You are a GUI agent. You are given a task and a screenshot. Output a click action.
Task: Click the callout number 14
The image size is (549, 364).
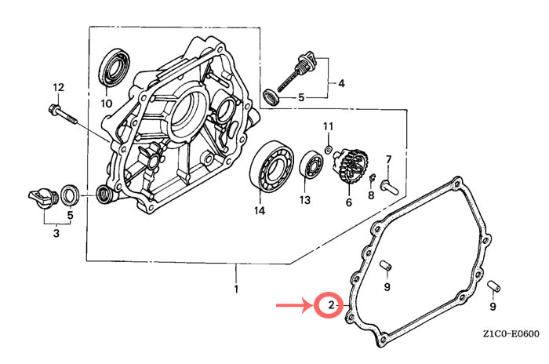[x=259, y=210]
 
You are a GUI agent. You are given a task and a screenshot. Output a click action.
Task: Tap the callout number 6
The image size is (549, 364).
[x=349, y=202]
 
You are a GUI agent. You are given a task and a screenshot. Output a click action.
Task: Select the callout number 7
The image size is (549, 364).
[x=387, y=160]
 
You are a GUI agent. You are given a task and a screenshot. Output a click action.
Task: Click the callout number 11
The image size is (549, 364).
[x=329, y=126]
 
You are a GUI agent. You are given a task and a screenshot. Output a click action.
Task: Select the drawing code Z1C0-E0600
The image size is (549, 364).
[x=511, y=333]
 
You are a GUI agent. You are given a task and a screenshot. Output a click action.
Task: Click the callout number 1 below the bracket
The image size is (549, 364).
[x=236, y=291]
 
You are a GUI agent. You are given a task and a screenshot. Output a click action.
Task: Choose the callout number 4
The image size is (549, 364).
[x=340, y=82]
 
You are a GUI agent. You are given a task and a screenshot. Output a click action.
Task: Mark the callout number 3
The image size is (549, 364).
[x=56, y=232]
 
